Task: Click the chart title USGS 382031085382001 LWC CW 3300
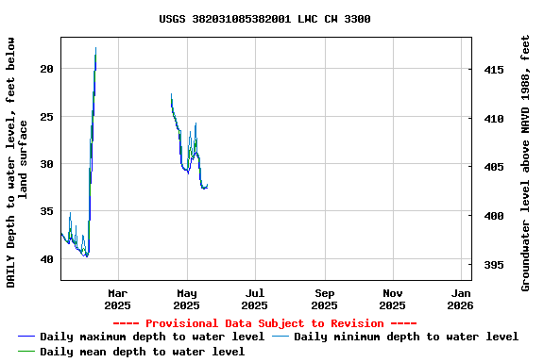pos(264,19)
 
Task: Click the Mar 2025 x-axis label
pos(117,299)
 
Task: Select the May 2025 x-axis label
pos(186,299)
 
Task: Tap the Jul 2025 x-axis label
pos(255,299)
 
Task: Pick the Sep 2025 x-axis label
pos(324,299)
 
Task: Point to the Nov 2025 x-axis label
pos(393,299)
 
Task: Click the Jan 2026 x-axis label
pos(461,299)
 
